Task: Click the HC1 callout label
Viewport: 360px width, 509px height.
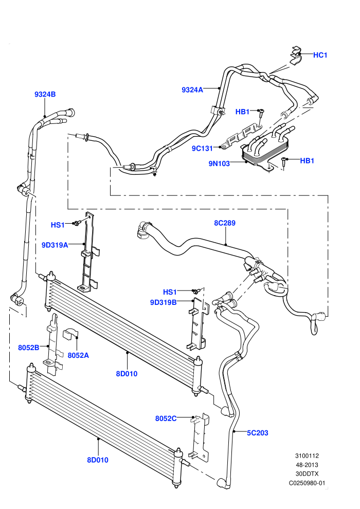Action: pyautogui.click(x=320, y=55)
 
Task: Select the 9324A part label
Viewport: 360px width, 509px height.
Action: pyautogui.click(x=192, y=90)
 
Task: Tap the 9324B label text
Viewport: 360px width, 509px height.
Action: pyautogui.click(x=45, y=94)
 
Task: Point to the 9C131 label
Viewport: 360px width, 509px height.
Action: pyautogui.click(x=202, y=149)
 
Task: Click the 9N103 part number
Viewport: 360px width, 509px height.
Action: pyautogui.click(x=219, y=163)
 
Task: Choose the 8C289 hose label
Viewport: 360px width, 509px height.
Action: pyautogui.click(x=225, y=223)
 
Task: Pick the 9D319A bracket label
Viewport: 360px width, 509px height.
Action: pyautogui.click(x=55, y=245)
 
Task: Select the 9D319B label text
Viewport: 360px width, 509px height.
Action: pyautogui.click(x=163, y=302)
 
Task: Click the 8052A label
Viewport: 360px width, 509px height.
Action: pyautogui.click(x=78, y=355)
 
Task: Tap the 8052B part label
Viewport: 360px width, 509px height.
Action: pyautogui.click(x=29, y=348)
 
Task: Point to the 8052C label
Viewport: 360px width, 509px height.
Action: pyautogui.click(x=166, y=419)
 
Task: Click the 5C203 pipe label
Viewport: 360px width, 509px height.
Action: pyautogui.click(x=258, y=433)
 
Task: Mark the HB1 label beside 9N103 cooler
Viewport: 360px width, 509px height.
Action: pyautogui.click(x=307, y=161)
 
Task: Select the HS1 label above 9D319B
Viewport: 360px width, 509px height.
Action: pyautogui.click(x=170, y=292)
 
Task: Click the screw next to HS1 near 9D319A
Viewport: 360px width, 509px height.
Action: pyautogui.click(x=77, y=223)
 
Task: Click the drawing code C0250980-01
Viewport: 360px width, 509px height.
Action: pyautogui.click(x=307, y=483)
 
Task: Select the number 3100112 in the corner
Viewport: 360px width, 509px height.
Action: pyautogui.click(x=307, y=456)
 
